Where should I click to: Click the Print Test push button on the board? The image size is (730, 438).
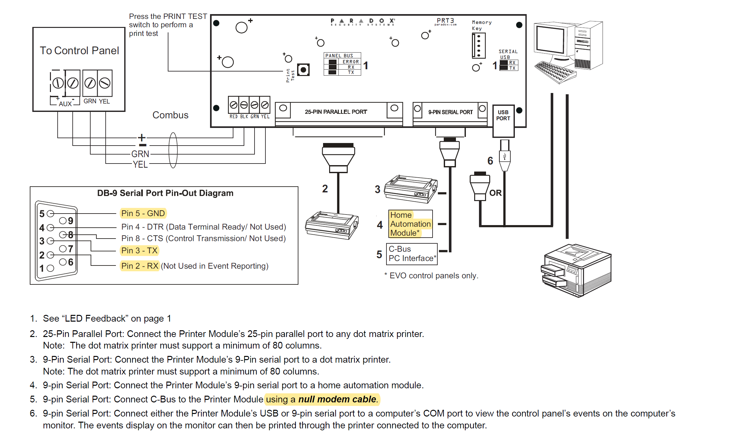pos(303,70)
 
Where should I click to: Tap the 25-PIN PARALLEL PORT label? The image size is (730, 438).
pos(336,112)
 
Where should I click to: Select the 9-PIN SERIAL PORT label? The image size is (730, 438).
pos(450,112)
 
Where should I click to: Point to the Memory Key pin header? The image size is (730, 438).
pos(479,46)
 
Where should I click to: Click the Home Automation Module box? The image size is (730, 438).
pos(410,224)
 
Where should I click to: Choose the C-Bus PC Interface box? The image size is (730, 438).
pos(412,254)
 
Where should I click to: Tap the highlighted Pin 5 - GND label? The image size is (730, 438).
pos(143,214)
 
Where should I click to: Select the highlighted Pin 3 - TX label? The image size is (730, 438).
pos(139,251)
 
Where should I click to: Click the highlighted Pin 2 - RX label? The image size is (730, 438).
pos(140,266)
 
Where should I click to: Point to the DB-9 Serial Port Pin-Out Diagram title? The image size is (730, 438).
pos(165,193)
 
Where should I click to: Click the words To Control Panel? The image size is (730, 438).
pos(79,51)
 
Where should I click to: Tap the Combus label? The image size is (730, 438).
pos(170,115)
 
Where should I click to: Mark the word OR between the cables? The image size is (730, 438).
pos(495,193)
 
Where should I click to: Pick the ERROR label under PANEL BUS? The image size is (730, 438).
pos(351,62)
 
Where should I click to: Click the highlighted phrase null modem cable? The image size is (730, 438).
pos(337,400)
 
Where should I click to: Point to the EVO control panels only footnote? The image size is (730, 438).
pos(431,276)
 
